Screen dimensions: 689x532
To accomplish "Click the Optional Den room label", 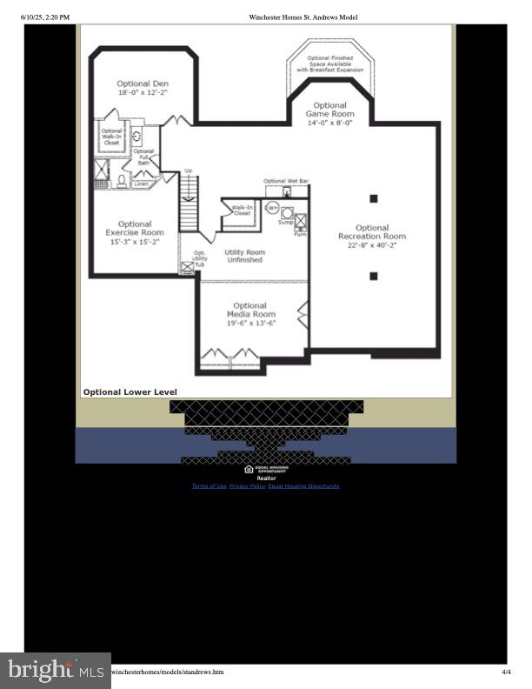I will coord(143,84).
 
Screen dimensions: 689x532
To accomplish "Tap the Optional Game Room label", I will coord(330,110).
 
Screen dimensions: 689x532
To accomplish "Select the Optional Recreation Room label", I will coord(372,231).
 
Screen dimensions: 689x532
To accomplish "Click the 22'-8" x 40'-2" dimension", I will coord(372,245).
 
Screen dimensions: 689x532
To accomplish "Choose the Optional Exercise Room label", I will coord(135,228).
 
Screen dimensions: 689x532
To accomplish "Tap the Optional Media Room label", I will coord(251,310).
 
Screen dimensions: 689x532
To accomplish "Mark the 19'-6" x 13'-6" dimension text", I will coord(251,324).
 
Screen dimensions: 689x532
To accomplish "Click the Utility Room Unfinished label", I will coord(244,256).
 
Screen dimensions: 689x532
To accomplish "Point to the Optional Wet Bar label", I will coord(286,181).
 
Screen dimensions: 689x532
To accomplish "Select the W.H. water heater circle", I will coord(272,209).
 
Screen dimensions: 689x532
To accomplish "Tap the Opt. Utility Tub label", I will coord(200,259).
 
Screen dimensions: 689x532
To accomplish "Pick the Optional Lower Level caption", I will coord(130,392).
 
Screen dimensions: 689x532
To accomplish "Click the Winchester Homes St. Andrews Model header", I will coord(303,17).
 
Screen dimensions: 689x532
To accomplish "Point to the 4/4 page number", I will coord(506,672).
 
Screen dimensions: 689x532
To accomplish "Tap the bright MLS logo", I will coord(56,670).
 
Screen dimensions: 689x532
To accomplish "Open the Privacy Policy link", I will coord(247,486).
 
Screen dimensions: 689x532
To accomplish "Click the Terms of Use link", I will coord(209,486).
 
